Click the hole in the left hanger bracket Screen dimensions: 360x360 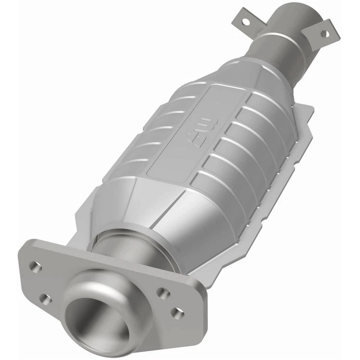(x=246, y=22)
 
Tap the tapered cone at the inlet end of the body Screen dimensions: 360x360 (x=150, y=210)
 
